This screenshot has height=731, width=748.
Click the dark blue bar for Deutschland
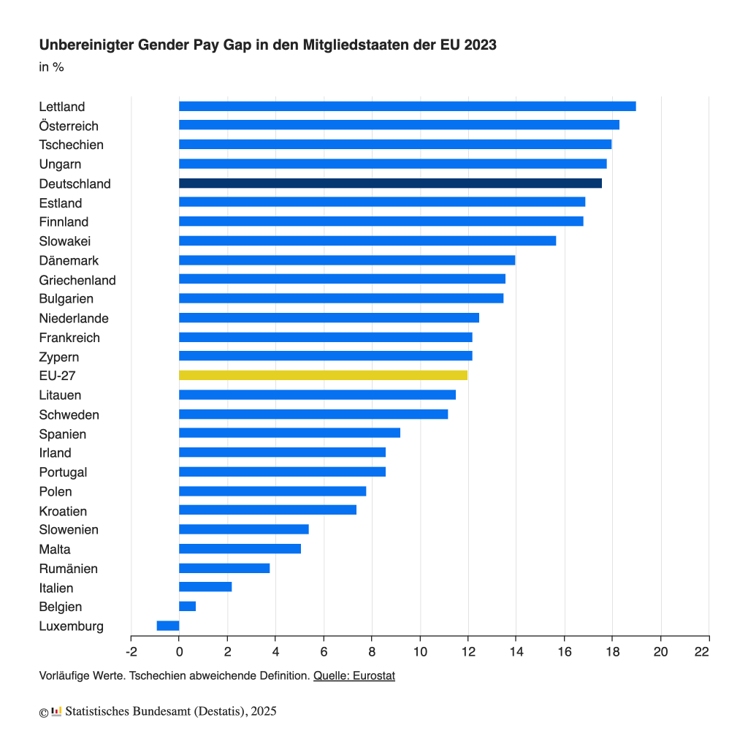tap(390, 183)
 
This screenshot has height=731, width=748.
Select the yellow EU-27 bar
tap(323, 376)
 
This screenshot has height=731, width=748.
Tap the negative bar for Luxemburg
tap(168, 626)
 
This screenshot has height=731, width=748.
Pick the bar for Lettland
tap(407, 107)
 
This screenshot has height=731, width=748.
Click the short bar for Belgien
tap(187, 607)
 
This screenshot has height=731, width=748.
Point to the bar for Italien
tap(205, 587)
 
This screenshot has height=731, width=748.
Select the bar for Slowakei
tap(367, 241)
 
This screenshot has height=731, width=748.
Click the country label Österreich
tap(69, 126)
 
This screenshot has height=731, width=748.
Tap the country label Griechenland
tap(77, 280)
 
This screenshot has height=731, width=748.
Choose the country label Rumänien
tap(69, 569)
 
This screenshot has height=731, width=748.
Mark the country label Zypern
tap(59, 357)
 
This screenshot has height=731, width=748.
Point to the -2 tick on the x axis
tap(131, 651)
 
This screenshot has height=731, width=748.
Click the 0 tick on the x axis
tap(179, 651)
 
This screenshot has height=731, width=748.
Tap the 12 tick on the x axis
tap(467, 651)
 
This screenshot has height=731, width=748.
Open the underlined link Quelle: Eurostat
tap(354, 676)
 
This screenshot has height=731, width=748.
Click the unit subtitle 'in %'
tap(51, 67)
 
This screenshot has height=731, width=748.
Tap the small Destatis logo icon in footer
tap(56, 711)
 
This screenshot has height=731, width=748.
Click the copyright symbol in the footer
tap(44, 711)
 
